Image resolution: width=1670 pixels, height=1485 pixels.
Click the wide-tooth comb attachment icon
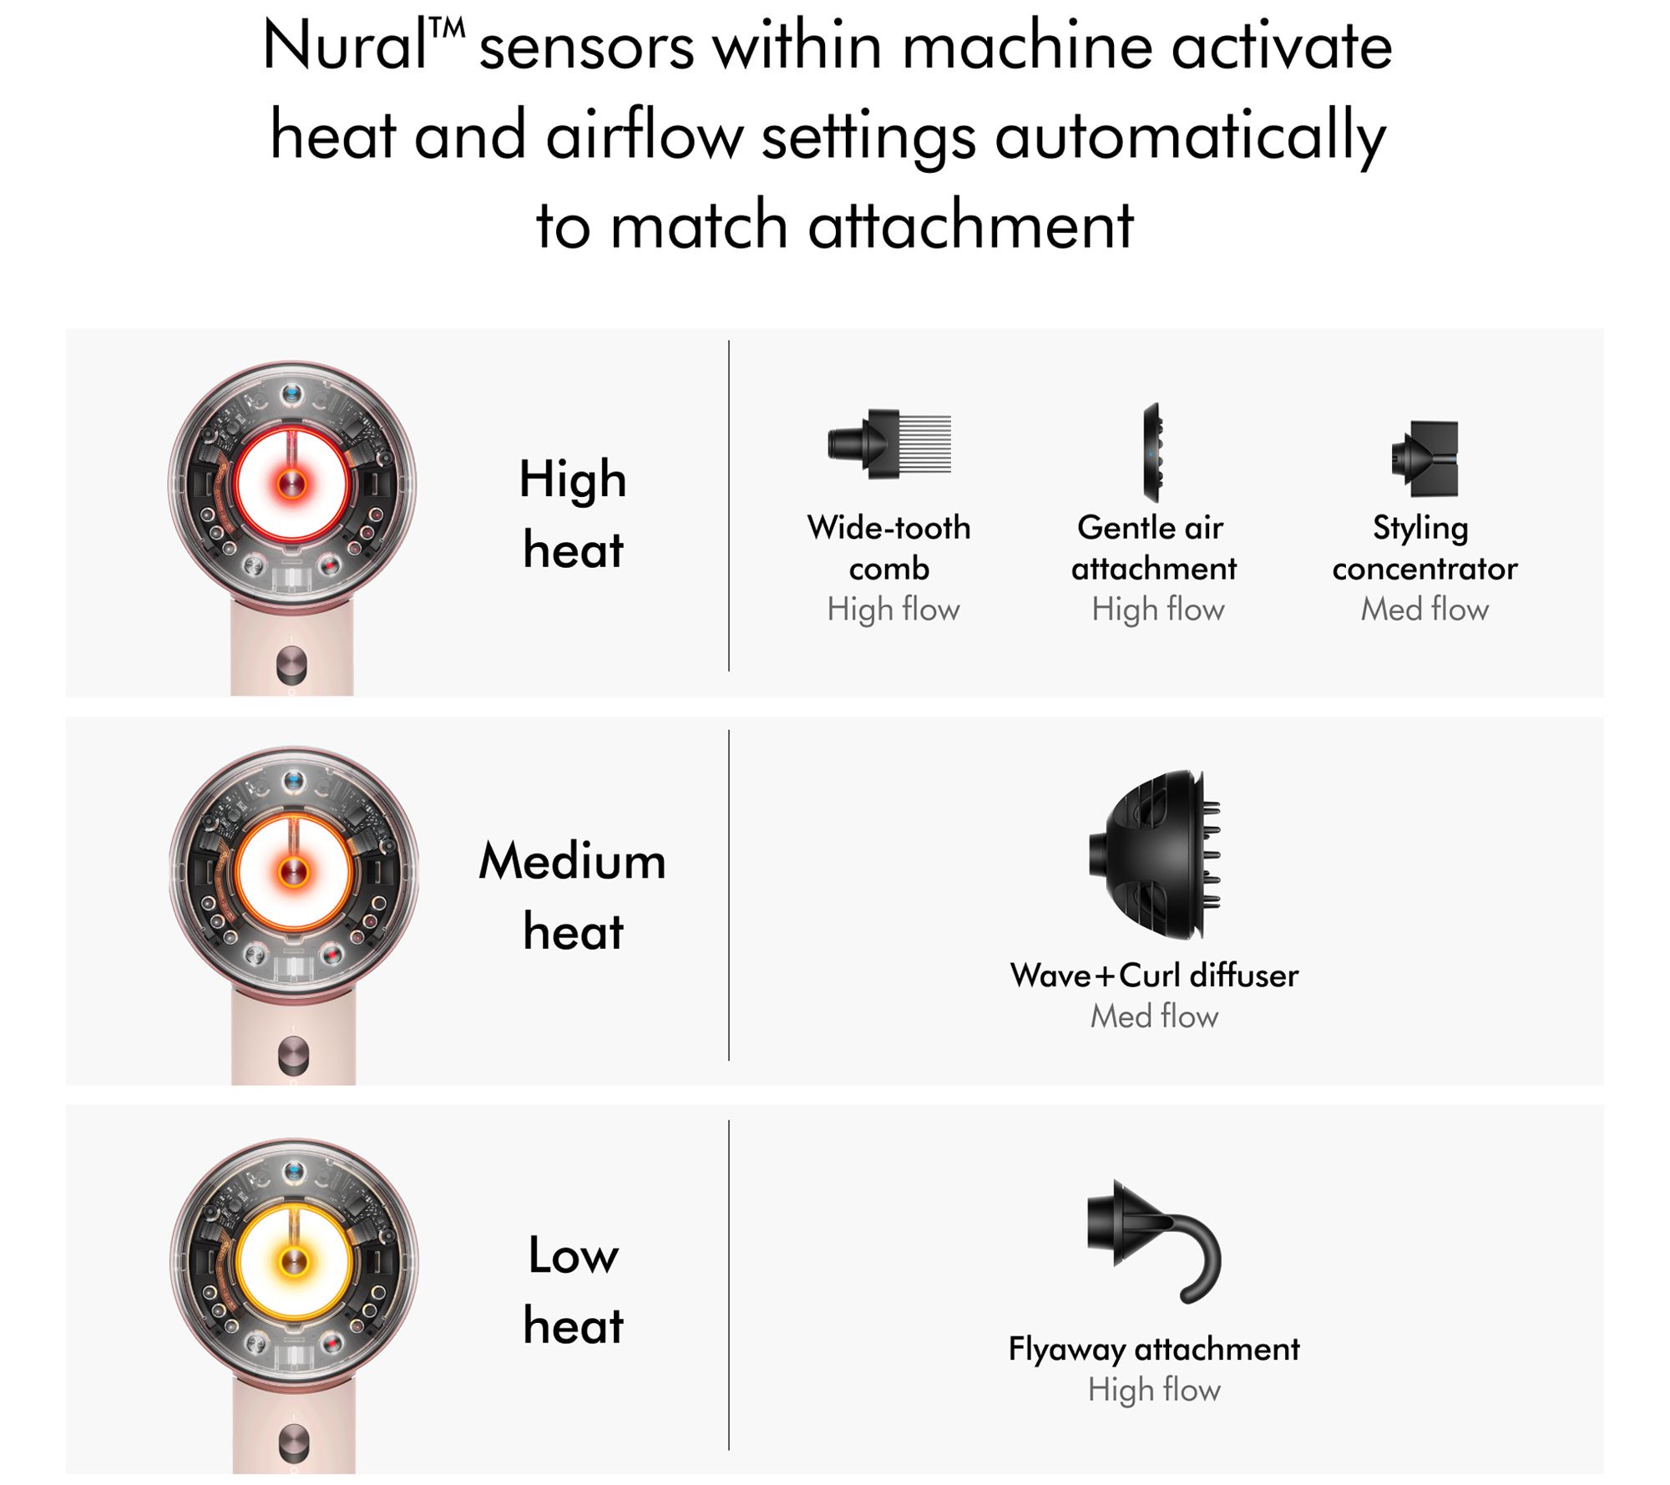coord(888,443)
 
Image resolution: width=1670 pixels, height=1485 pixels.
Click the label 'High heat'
coord(573,514)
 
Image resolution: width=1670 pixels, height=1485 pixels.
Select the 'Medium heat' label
coord(573,895)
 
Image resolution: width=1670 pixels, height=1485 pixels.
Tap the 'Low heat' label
coord(574,1290)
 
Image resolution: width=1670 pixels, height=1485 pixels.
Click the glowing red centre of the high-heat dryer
coord(291,483)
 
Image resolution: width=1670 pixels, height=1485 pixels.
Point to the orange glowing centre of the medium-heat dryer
coord(293,871)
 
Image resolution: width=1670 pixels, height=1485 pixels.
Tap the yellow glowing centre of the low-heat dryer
coord(293,1262)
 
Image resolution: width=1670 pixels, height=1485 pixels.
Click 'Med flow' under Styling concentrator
coord(1425,609)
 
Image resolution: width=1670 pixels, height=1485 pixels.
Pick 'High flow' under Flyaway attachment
coord(1154,1390)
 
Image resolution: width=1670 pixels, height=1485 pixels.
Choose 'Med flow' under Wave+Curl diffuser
coord(1154,1016)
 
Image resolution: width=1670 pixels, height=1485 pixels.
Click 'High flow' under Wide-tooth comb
coord(893,610)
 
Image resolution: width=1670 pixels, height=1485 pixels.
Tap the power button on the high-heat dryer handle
coord(291,665)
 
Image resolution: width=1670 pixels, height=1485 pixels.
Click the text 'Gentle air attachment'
coord(1153,548)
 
